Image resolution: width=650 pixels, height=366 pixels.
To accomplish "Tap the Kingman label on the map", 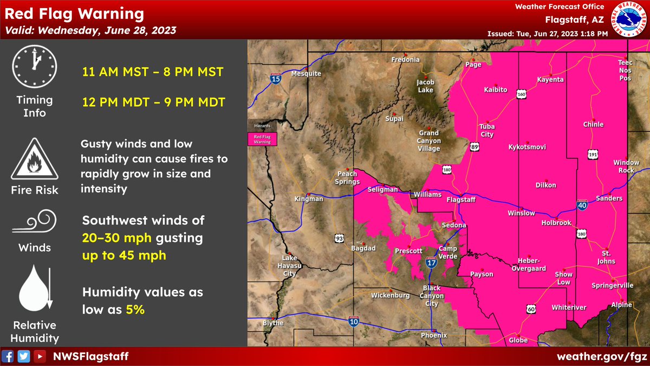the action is click(x=308, y=199).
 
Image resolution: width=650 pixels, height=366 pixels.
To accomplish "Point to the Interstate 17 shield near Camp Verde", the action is click(x=432, y=263).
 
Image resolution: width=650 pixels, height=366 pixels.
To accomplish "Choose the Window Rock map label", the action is click(x=626, y=166).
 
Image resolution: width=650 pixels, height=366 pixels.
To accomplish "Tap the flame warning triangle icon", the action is click(x=34, y=159).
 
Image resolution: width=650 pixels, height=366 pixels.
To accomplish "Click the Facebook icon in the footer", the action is click(x=8, y=356).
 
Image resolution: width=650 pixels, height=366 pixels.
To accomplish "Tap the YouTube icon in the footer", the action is click(x=39, y=356).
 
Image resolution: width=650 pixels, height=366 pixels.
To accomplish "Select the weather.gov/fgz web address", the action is click(x=601, y=356).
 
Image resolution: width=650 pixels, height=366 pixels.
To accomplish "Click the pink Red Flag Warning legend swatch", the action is click(x=262, y=139).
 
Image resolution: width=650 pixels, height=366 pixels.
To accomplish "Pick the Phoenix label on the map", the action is click(x=434, y=335).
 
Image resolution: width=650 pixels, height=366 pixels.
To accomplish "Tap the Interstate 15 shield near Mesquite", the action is click(x=276, y=79).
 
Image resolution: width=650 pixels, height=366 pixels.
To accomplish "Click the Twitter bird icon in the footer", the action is click(x=23, y=356).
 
